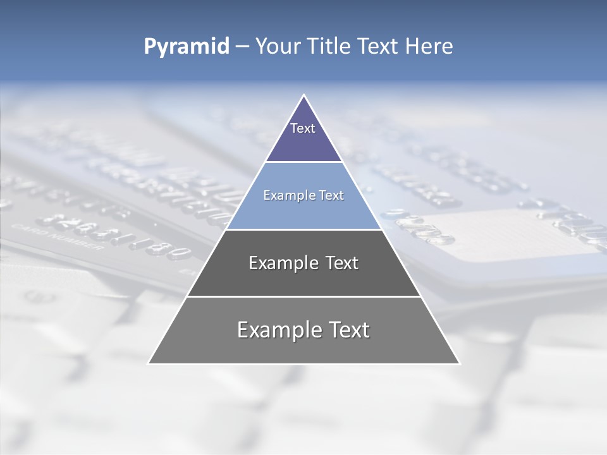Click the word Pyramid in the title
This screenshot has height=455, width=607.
(186, 47)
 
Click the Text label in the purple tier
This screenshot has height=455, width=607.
(303, 128)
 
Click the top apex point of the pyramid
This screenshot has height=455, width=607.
(303, 95)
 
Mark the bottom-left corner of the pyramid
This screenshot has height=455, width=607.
(149, 363)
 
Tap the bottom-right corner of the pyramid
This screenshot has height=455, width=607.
(459, 363)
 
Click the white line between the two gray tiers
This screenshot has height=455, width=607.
(303, 296)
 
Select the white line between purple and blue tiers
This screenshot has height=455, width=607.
(303, 162)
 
